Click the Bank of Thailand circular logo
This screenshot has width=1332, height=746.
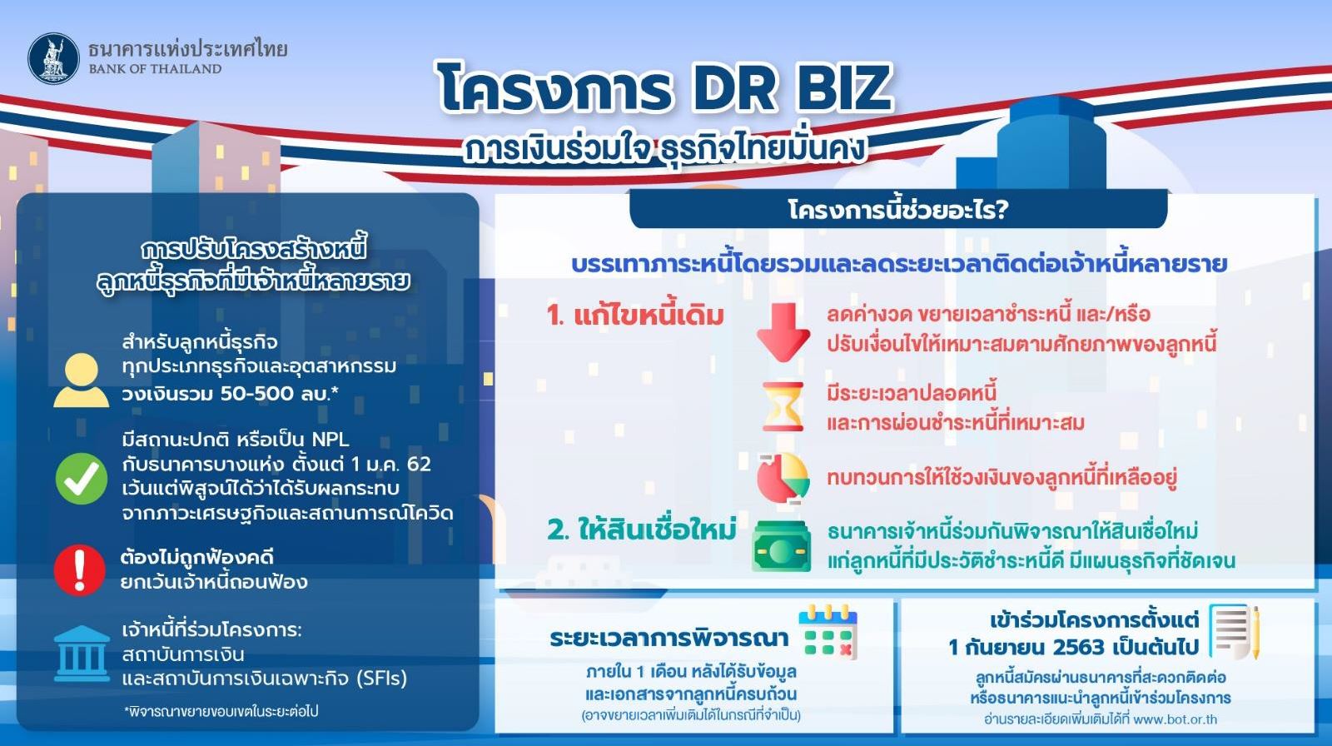point(53,58)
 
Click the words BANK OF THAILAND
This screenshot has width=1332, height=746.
point(155,69)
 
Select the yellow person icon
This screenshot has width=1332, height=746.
point(82,380)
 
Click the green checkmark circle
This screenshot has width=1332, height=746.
point(82,478)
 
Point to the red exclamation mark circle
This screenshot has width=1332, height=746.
point(80,570)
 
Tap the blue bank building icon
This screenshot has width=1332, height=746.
point(82,654)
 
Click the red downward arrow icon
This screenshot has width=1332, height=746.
point(783,332)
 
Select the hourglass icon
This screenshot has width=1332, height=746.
point(783,407)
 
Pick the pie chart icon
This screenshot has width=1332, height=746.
point(783,478)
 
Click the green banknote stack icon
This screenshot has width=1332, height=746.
point(782,546)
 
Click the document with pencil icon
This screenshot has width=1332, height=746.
point(1235,632)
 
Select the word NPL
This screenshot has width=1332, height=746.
point(330,440)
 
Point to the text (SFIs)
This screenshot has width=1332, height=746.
point(382,679)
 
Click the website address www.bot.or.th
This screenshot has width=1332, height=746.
point(1175,719)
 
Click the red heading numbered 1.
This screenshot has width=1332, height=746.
point(635,316)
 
